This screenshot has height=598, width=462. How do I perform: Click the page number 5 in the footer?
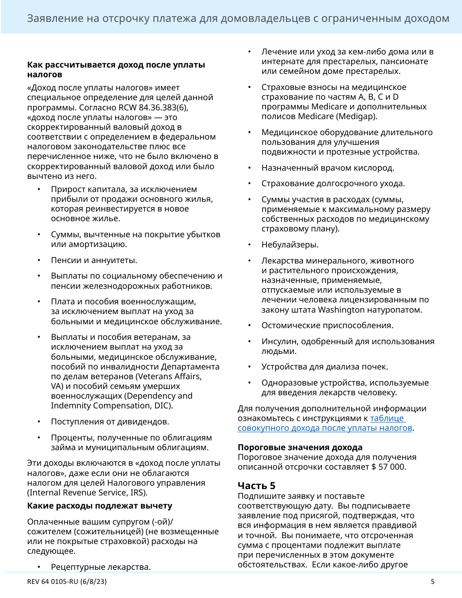coord(432,581)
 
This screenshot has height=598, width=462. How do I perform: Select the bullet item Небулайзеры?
coord(290,245)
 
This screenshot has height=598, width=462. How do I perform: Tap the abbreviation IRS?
coord(138,492)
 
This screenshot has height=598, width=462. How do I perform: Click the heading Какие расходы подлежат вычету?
coord(100,506)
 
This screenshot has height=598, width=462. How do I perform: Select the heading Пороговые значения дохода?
coord(300,447)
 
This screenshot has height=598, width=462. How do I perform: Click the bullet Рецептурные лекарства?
coord(101,567)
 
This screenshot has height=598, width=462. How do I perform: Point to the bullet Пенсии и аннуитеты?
coord(94,260)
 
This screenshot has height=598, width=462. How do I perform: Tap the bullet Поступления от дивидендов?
coord(110,422)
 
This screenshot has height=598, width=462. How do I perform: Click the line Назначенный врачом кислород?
coord(328,168)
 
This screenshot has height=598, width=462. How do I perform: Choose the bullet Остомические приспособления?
coord(327,325)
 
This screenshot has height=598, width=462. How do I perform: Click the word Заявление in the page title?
coord(52,18)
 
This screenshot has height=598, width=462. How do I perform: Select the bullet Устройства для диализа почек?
coord(325,367)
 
